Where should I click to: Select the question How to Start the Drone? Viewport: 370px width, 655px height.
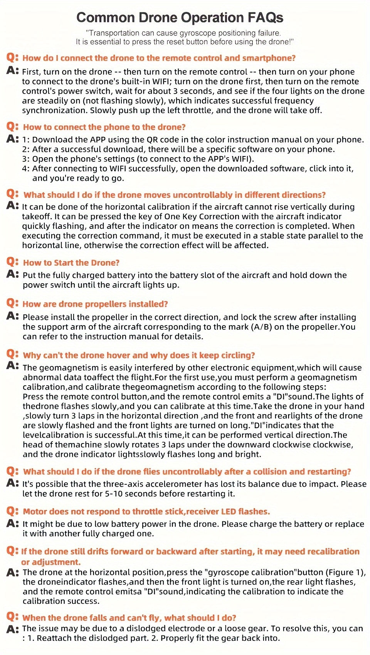(x=71, y=263)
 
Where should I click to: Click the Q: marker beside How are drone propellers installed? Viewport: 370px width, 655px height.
(x=12, y=303)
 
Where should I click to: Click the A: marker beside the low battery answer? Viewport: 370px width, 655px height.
(x=12, y=524)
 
